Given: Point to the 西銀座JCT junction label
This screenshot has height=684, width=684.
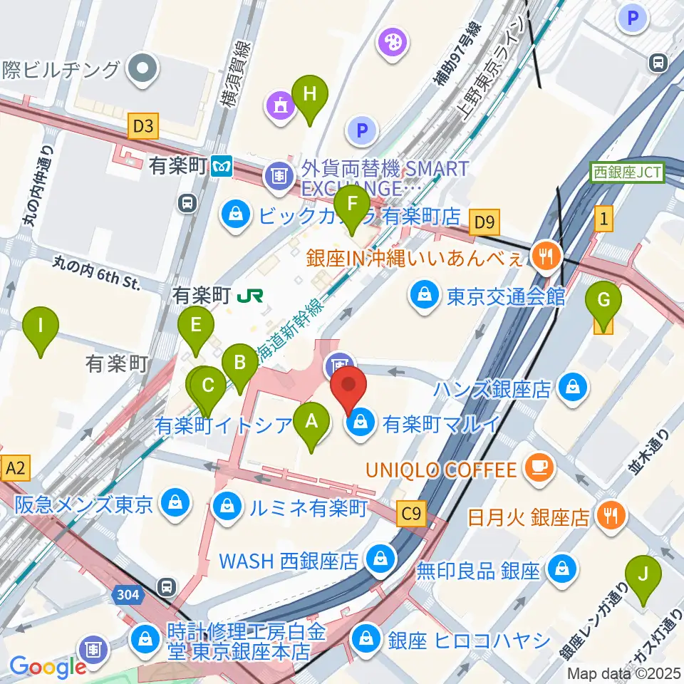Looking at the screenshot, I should coord(628,172).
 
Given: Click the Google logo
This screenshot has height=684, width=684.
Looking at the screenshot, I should coord(47,667).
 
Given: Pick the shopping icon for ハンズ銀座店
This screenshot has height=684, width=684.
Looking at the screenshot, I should coord(571,388).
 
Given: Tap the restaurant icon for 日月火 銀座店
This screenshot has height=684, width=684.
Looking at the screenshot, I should coord(611,515).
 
